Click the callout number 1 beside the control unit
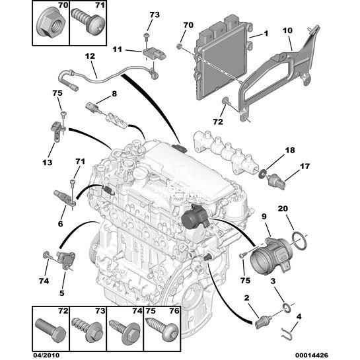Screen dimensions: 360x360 266,34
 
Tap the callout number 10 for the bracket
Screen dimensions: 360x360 287,30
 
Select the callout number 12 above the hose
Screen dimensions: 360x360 90,56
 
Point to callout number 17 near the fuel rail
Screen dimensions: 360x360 305,166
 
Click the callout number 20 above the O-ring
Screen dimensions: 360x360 283,209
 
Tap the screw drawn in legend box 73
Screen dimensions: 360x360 87,331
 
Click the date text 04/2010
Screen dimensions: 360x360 46,355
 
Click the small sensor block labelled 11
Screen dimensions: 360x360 155,55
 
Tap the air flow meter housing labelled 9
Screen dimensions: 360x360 271,256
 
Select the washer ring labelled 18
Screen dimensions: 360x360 262,173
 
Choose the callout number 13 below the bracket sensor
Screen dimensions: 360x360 47,162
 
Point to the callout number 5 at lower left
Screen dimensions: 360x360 61,293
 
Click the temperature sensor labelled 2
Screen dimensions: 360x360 264,322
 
